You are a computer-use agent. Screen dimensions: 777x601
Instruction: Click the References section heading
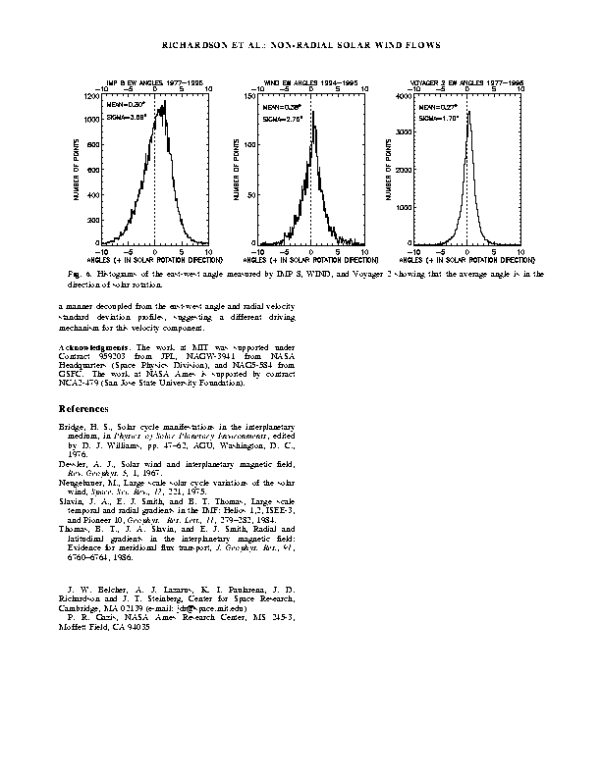83,407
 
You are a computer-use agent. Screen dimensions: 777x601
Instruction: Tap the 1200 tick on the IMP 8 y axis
90,96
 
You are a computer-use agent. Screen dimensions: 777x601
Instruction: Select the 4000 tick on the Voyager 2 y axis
404,96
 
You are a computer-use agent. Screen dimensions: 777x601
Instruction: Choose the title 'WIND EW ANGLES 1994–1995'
310,84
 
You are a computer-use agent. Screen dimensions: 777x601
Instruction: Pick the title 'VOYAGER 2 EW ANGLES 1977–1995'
467,84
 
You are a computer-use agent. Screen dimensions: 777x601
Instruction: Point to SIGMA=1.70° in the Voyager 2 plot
439,118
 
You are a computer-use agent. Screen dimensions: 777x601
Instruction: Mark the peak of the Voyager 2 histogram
468,112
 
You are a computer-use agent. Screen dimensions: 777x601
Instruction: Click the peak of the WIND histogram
313,112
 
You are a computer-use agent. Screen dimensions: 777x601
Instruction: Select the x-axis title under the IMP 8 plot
155,259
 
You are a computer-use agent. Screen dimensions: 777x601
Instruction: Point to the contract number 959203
124,356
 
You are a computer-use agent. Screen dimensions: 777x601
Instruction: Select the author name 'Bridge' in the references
72,428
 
